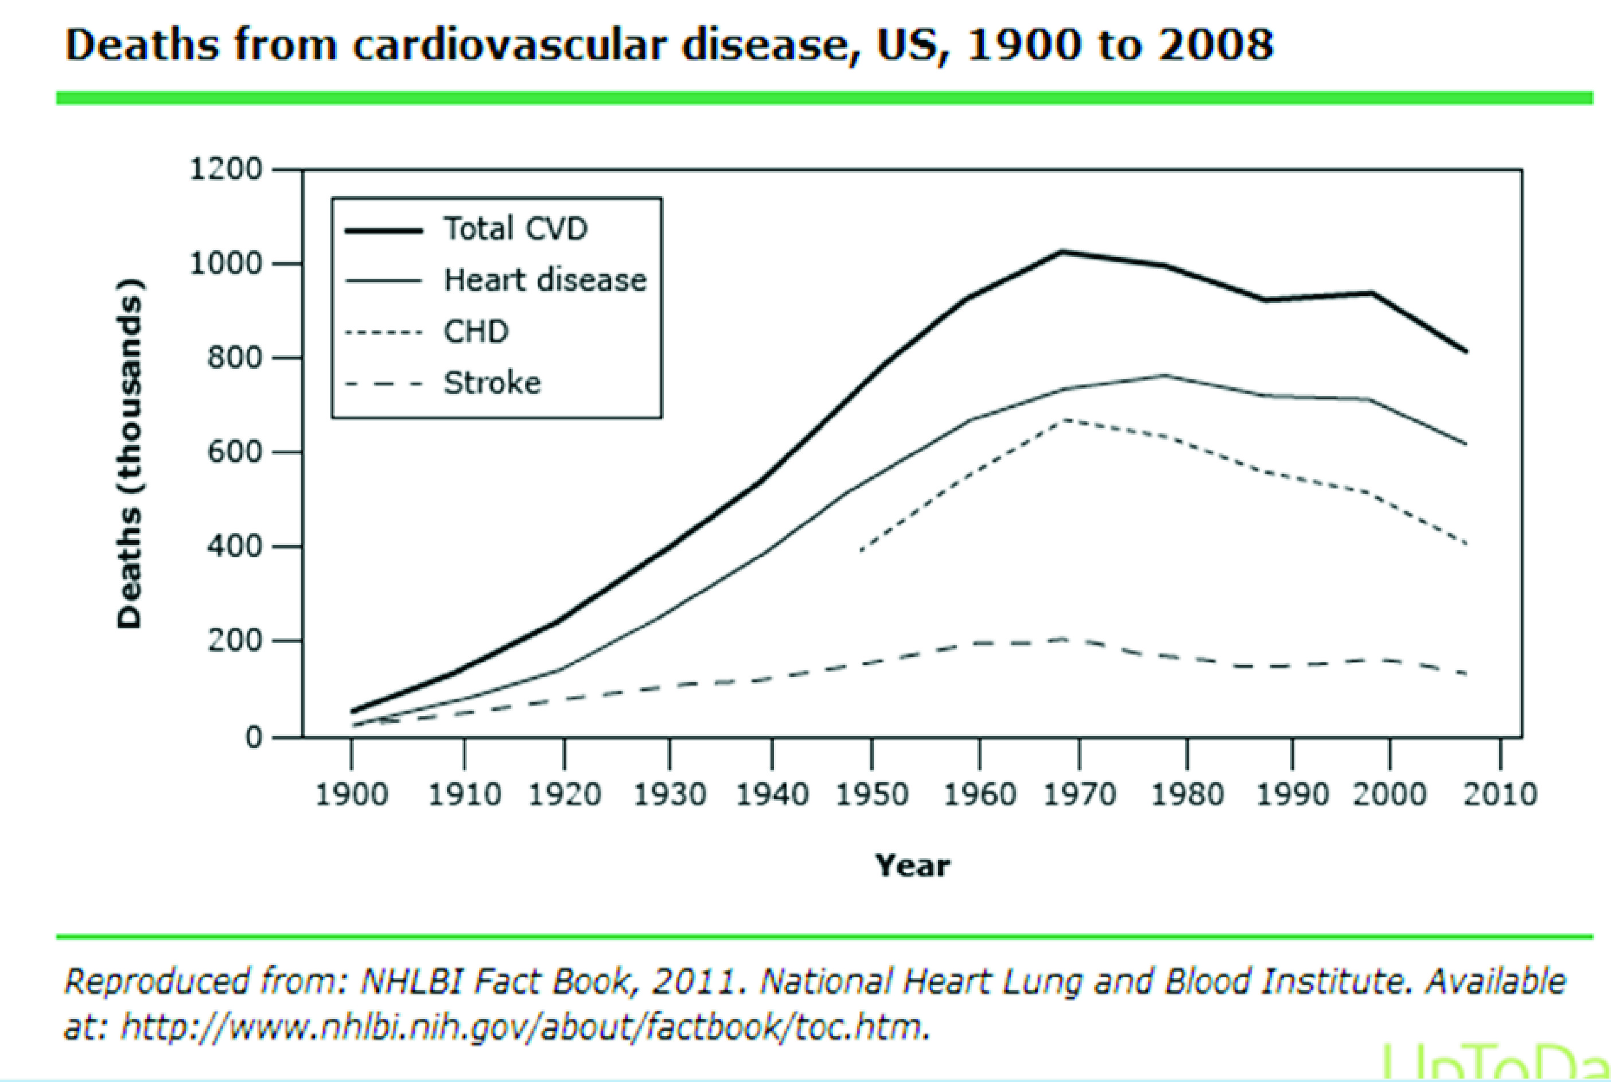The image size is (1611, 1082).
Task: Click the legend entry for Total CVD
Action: pos(515,228)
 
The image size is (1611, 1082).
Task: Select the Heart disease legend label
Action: pos(545,280)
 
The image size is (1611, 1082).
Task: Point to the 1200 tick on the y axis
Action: pos(226,170)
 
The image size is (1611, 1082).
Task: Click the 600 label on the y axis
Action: pos(235,453)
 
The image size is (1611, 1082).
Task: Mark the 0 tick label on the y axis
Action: pos(254,738)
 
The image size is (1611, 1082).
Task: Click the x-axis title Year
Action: pos(913,865)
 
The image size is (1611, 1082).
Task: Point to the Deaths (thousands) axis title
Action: pos(130,453)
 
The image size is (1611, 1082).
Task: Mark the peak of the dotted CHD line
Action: pos(1066,419)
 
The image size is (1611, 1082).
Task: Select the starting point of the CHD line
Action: pos(861,550)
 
